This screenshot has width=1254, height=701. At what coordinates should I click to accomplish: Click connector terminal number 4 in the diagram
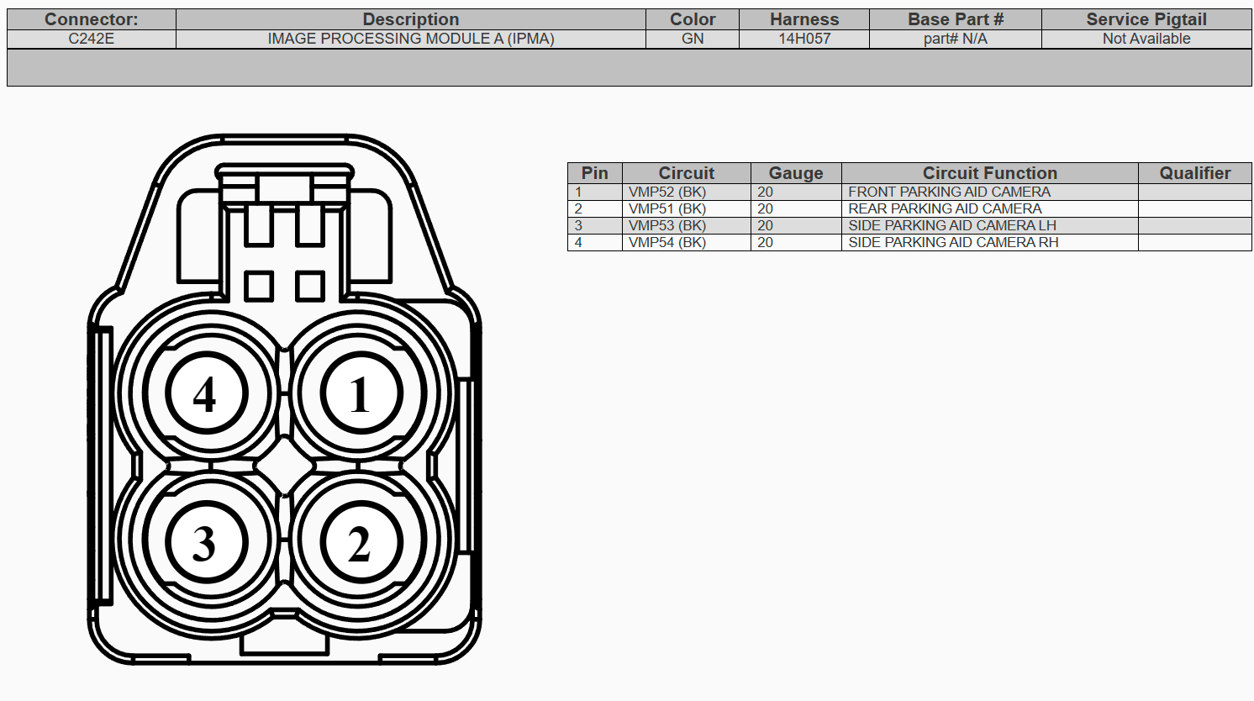pos(207,393)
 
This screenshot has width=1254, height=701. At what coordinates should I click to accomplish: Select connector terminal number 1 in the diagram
pos(361,393)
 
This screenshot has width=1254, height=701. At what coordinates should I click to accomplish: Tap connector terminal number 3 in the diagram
pos(207,542)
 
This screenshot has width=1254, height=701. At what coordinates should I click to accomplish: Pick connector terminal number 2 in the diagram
pos(361,542)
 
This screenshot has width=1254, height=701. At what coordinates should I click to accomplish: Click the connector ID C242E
pos(92,39)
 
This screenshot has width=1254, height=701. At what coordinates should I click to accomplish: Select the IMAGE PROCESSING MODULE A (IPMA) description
pos(411,39)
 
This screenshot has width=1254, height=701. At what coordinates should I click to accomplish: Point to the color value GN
pos(693,39)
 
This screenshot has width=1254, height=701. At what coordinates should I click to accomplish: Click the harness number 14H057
pos(804,39)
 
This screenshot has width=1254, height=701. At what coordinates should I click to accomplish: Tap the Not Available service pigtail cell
pos(1146,39)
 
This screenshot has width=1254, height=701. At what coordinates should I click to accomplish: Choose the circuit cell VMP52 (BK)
pos(667,192)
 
